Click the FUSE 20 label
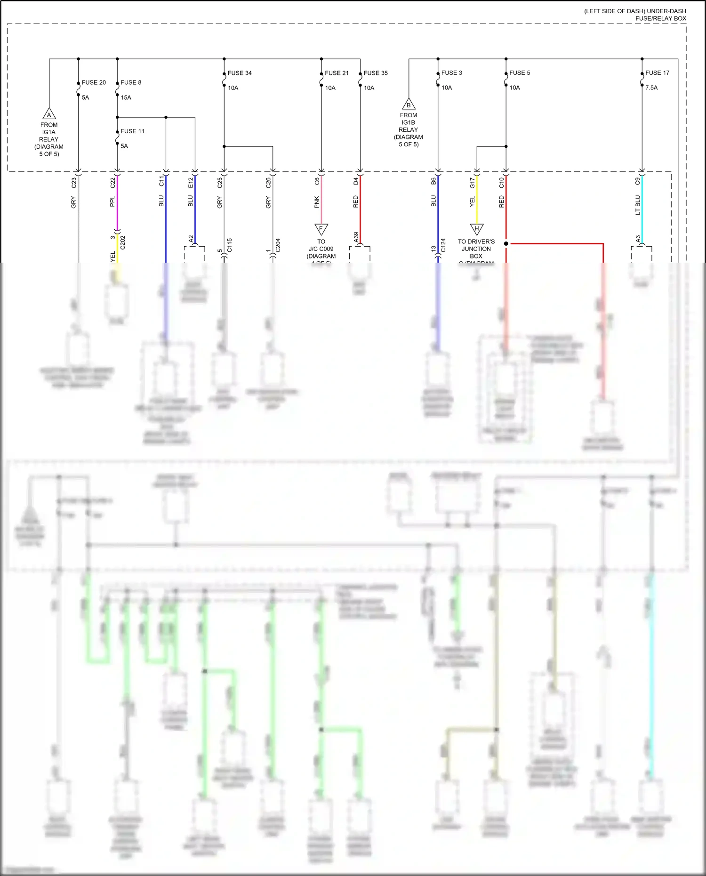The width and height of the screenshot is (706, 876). (94, 82)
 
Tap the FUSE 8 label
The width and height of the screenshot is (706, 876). (131, 82)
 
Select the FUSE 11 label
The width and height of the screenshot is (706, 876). (132, 131)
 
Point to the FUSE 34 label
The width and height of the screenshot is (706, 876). (240, 73)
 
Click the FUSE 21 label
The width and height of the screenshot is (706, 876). (337, 73)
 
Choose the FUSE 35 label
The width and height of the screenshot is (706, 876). (376, 73)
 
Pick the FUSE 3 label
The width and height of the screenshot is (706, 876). (451, 73)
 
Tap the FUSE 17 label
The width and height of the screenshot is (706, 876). (657, 73)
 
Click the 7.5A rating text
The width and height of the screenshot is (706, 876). (651, 88)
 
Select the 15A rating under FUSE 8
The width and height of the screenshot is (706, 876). (126, 97)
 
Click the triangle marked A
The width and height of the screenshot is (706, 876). (49, 114)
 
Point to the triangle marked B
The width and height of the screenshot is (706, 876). (409, 104)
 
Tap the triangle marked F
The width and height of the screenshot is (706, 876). (321, 229)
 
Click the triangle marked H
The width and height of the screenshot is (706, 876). (477, 229)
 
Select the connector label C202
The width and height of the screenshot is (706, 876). (123, 242)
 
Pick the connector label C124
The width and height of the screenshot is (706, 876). (443, 245)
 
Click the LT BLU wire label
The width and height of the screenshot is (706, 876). (638, 205)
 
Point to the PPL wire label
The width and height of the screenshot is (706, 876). (112, 202)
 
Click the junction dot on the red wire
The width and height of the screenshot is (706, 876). (506, 244)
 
